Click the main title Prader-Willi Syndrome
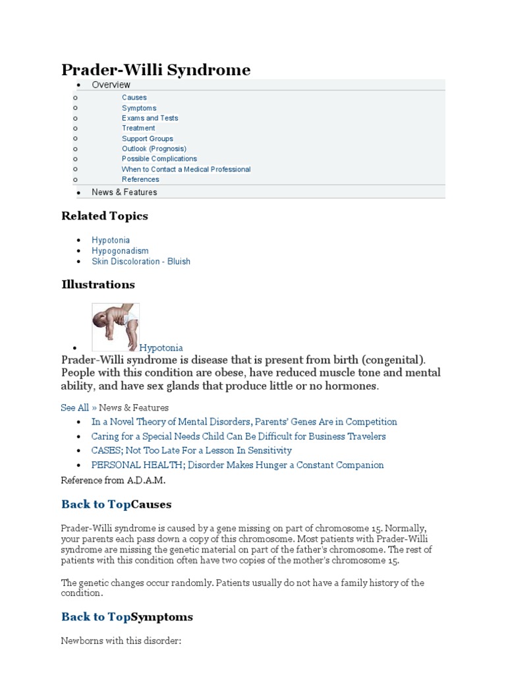[x=155, y=69]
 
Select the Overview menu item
[x=111, y=85]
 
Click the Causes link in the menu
[x=134, y=98]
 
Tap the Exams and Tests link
[x=150, y=118]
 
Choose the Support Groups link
[x=148, y=138]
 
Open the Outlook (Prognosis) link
[x=154, y=149]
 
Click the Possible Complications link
[x=159, y=159]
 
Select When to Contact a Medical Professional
[x=186, y=169]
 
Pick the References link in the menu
[x=140, y=179]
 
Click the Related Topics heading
[x=105, y=216]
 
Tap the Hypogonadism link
[x=120, y=251]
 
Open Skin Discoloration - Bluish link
[x=141, y=262]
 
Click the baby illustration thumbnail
[x=115, y=327]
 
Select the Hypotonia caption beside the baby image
[x=161, y=348]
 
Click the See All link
[x=74, y=408]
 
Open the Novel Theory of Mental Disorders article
[x=244, y=422]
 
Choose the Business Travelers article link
[x=239, y=436]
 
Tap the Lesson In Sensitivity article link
[x=191, y=451]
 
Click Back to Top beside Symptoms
[x=96, y=617]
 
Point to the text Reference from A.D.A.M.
[x=113, y=480]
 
